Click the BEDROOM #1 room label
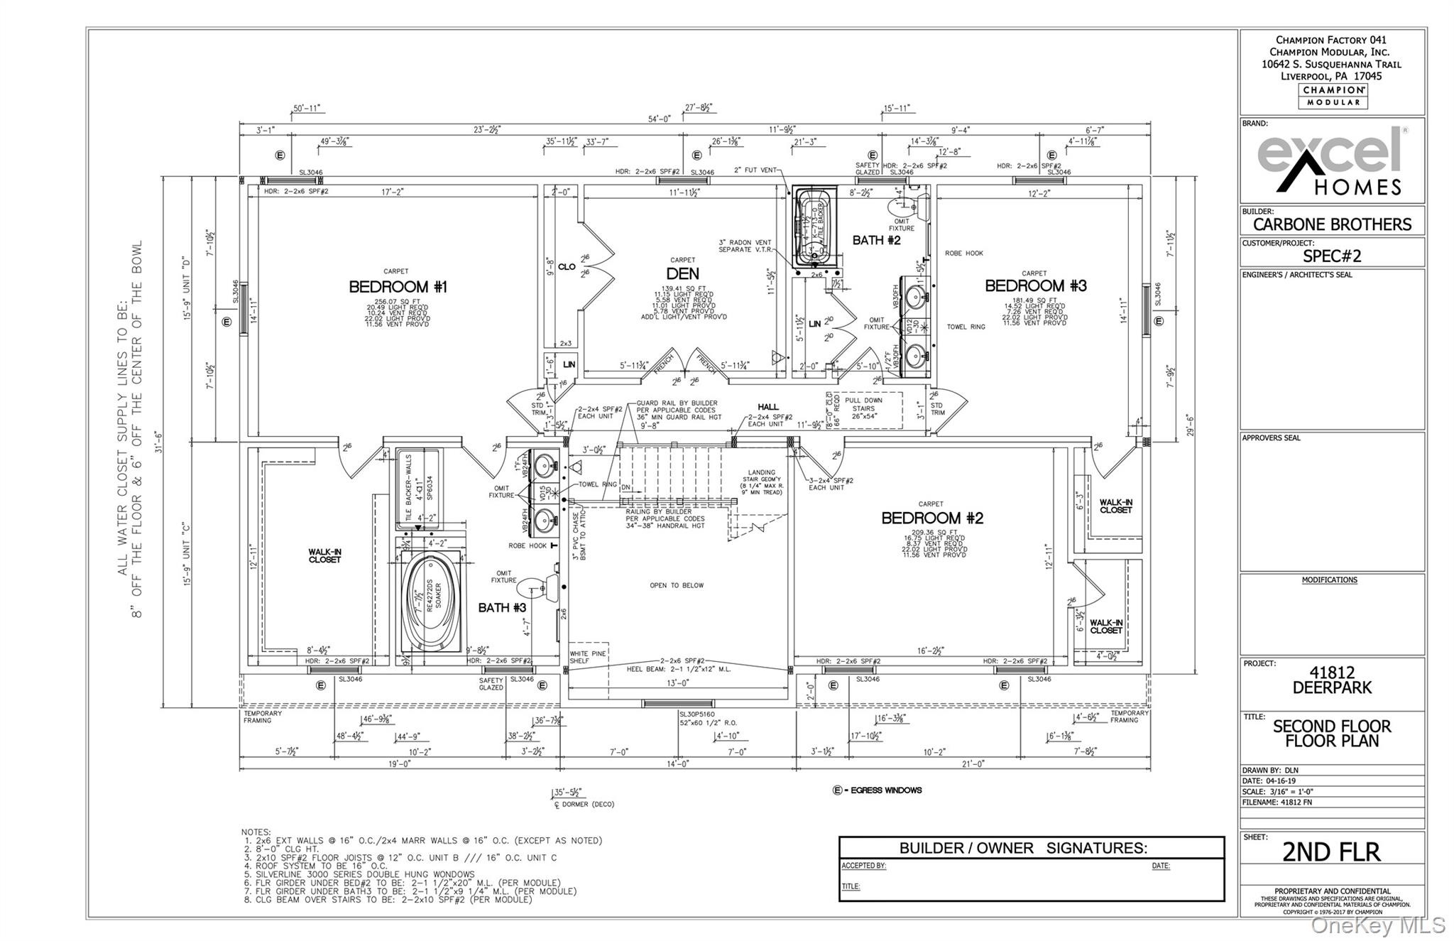click(x=398, y=287)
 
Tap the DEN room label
click(x=682, y=273)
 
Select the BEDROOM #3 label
click(x=1035, y=285)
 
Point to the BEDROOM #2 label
click(x=931, y=518)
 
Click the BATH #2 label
click(x=876, y=240)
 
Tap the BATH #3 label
click(x=502, y=608)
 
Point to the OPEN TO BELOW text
click(x=677, y=586)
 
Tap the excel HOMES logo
click(x=1331, y=161)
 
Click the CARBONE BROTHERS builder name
click(x=1332, y=224)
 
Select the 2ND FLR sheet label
click(x=1331, y=852)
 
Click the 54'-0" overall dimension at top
click(x=659, y=119)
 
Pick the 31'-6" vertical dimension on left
click(x=159, y=442)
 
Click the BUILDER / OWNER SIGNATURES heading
click(x=1022, y=848)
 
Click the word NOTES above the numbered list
click(x=256, y=832)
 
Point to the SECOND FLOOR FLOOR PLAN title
click(x=1331, y=734)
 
